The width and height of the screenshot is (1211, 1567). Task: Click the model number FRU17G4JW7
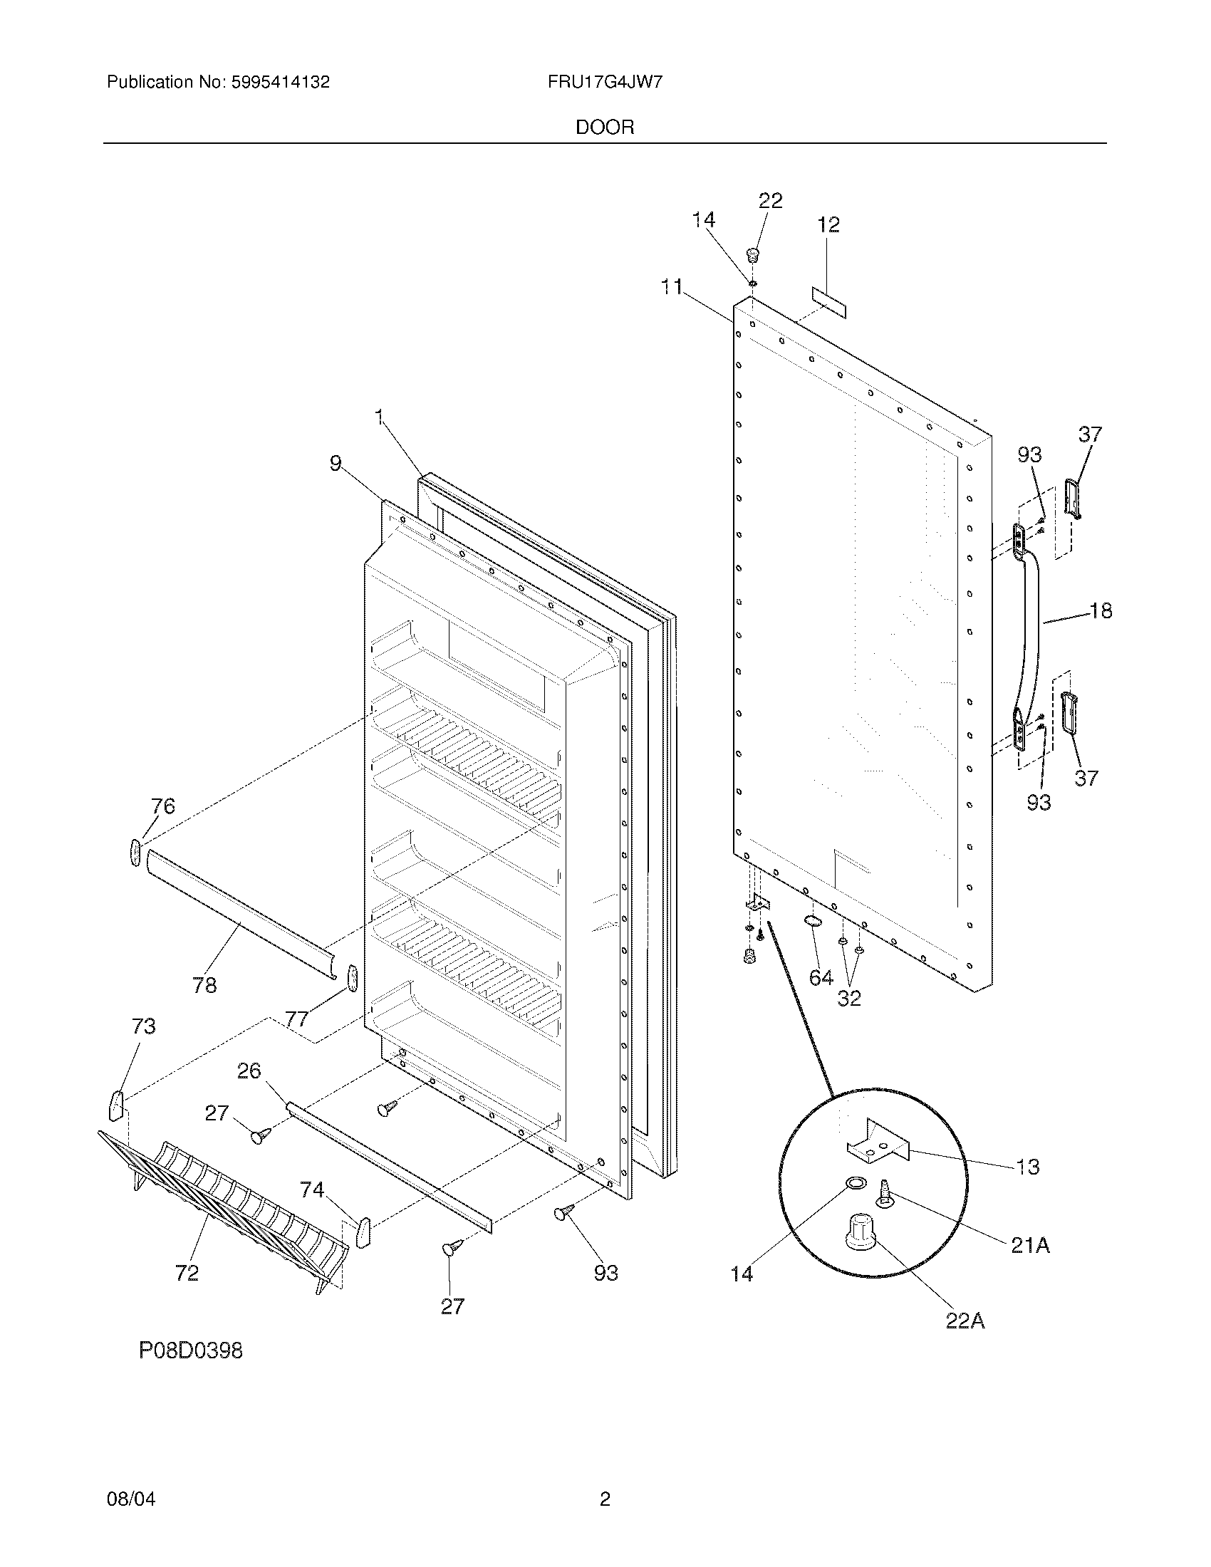tap(605, 82)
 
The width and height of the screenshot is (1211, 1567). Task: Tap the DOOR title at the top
tap(605, 127)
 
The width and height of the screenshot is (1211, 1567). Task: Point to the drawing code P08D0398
tap(191, 1351)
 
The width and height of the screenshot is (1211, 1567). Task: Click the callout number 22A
tap(965, 1321)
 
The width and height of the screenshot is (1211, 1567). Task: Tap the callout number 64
tap(821, 977)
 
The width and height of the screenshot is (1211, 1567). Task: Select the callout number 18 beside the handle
tap(1101, 611)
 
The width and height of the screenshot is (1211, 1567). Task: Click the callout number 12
tap(828, 224)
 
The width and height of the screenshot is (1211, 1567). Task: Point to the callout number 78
tap(204, 985)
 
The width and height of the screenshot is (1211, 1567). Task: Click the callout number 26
tap(249, 1071)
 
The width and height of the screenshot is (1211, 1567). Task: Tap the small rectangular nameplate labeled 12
tap(829, 303)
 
